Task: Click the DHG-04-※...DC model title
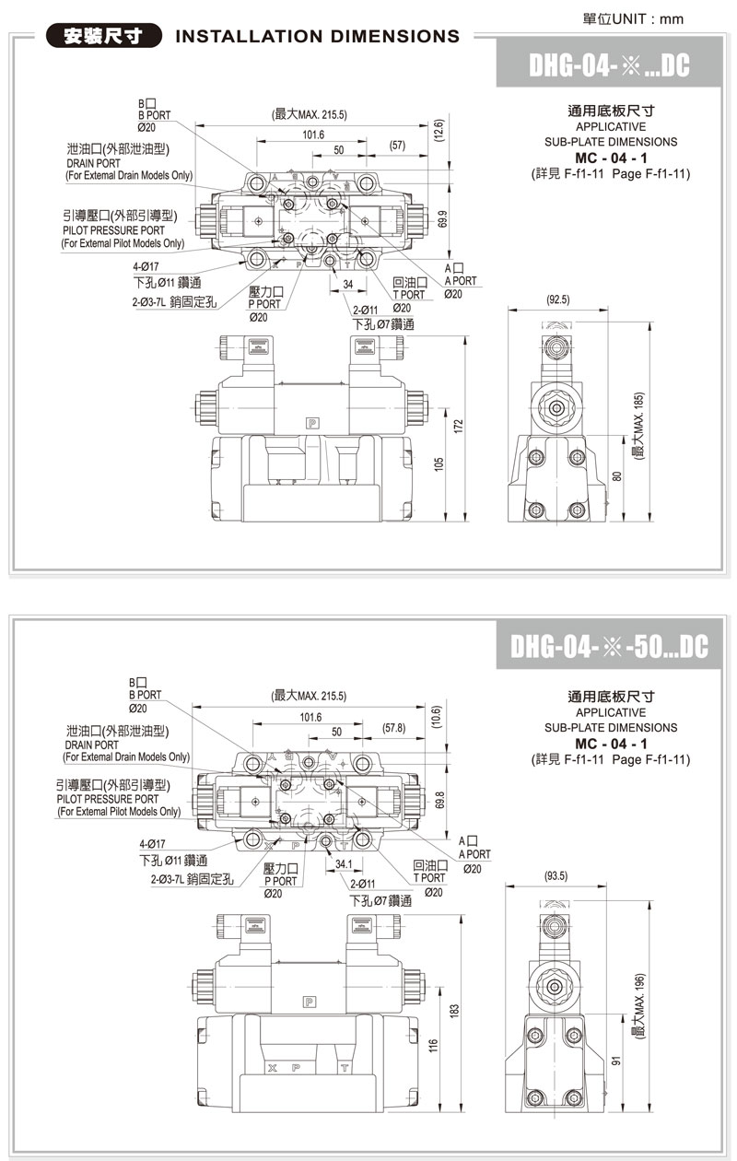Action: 609,65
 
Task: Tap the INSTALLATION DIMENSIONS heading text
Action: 316,37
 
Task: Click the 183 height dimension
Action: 453,1012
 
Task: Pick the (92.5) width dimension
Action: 558,299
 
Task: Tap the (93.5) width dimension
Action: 556,876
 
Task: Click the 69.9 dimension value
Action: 443,219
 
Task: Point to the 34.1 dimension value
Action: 345,864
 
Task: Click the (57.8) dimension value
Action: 393,728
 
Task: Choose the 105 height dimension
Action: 439,462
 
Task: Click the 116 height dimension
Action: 433,1048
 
